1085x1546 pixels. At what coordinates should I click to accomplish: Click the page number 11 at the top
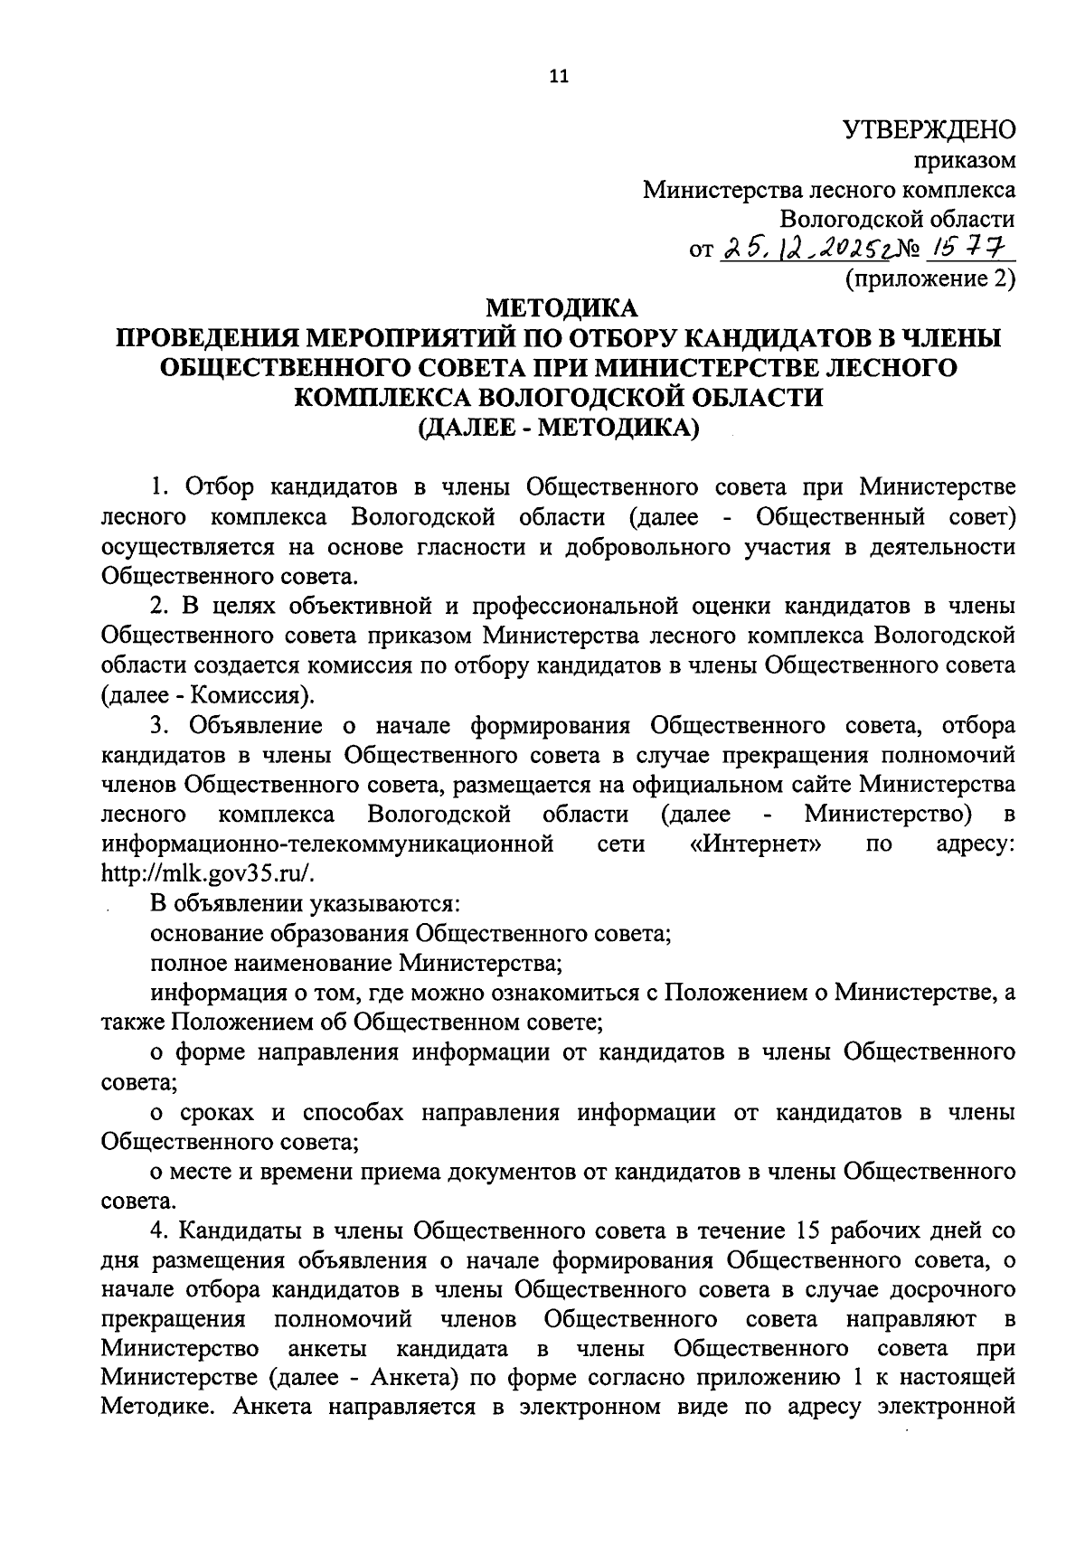(x=556, y=77)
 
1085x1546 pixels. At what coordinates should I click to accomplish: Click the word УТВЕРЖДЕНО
(x=929, y=130)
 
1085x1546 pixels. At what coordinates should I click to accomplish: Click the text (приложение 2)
(x=929, y=278)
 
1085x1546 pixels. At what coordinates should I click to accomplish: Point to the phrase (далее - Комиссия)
(x=209, y=696)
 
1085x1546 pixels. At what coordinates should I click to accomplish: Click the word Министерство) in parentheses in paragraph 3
(x=887, y=815)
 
